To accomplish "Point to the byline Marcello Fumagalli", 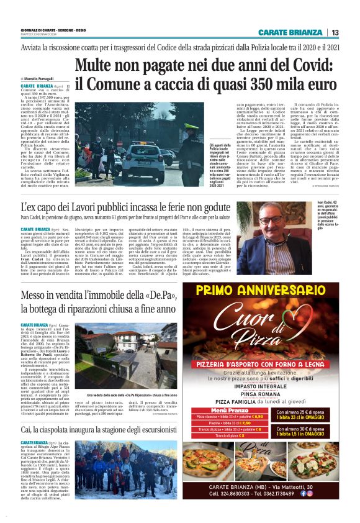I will coord(40,80).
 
